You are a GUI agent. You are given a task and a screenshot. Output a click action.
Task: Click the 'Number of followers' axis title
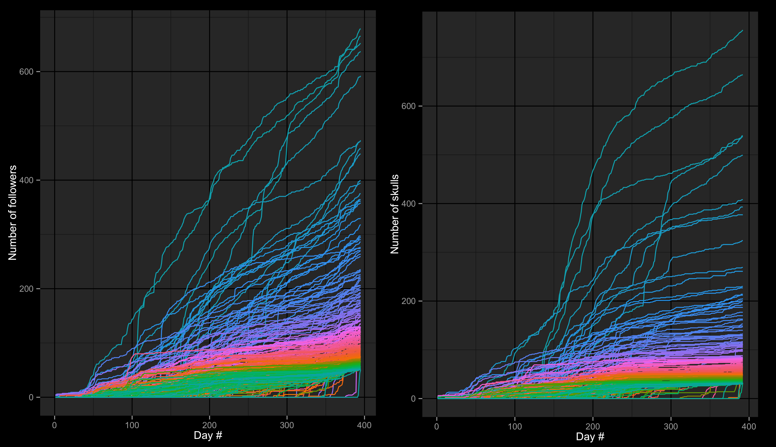pos(12,213)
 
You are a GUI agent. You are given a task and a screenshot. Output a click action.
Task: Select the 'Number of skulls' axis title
pos(394,214)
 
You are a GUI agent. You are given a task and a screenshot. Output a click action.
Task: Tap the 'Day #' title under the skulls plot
pos(590,436)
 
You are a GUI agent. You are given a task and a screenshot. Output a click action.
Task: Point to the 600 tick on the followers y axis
pos(26,72)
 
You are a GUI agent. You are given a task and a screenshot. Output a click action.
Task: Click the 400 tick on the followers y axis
pos(26,180)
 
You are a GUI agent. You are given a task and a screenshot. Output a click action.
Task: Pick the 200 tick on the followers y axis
pos(26,289)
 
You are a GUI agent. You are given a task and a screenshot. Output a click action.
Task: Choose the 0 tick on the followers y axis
pos(31,397)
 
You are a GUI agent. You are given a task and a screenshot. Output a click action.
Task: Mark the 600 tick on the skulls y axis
pos(408,106)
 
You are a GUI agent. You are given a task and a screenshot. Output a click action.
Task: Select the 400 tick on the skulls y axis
pos(408,204)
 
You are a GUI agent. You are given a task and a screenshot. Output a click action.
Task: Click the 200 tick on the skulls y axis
pos(408,301)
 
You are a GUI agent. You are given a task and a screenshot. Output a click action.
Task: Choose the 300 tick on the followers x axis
pos(287,425)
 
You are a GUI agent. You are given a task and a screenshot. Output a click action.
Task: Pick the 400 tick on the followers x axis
pos(364,425)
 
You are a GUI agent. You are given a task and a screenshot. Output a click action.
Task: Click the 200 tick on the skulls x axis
pos(593,426)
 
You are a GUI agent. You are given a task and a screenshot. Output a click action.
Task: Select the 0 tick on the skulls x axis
pos(437,426)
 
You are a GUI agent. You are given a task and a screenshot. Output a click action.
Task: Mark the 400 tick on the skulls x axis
pos(749,426)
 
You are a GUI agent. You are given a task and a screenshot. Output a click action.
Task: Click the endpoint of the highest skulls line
pos(742,30)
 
